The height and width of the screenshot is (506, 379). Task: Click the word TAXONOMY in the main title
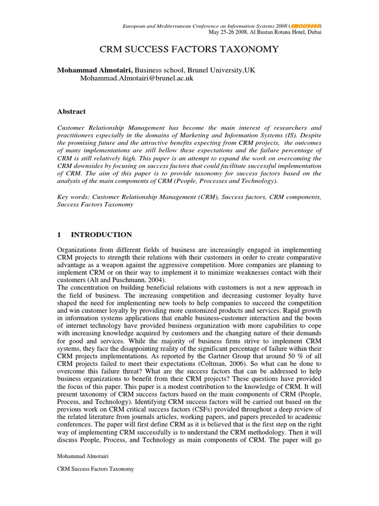pyautogui.click(x=249, y=49)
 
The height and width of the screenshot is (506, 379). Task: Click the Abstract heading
pyautogui.click(x=72, y=112)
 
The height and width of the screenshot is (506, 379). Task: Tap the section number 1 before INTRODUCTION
pyautogui.click(x=60, y=235)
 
